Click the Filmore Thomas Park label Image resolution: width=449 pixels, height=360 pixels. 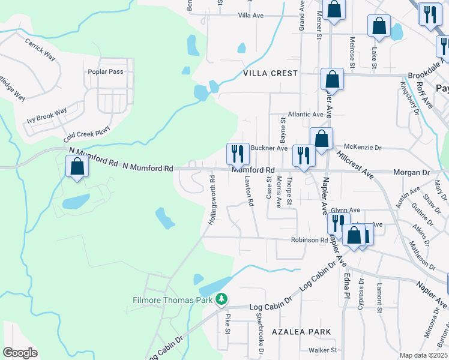pos(173,298)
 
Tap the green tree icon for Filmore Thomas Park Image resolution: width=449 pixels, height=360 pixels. pos(221,298)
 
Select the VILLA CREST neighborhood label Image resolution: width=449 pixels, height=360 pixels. pos(270,73)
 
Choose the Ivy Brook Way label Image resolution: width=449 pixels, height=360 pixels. pos(46,116)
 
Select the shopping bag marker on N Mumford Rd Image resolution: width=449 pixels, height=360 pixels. pos(77,167)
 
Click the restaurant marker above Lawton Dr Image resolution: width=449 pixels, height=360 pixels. pos(238,154)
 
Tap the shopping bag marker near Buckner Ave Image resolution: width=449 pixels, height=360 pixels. pos(321,139)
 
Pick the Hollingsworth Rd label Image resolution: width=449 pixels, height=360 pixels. pos(211,200)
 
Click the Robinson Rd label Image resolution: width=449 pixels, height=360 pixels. pos(310,240)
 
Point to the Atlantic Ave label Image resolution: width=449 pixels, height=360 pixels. pos(306,114)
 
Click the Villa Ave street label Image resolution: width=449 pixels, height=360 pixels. pos(251,15)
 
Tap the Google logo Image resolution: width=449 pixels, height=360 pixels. pos(20,353)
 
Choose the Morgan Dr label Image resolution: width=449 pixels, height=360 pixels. pos(412,172)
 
